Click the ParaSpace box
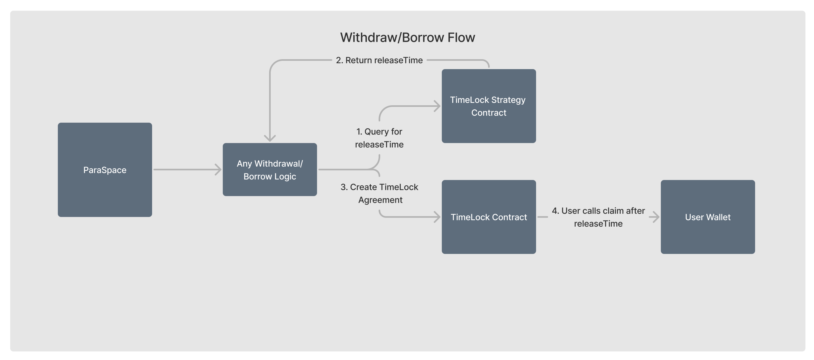105,170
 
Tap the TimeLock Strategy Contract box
489,106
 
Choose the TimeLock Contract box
489,217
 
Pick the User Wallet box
708,217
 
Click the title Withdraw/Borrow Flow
408,37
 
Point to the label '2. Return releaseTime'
379,60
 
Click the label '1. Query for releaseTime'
379,138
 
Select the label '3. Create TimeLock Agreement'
379,193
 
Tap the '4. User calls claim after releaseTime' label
598,217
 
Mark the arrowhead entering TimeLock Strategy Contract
437,106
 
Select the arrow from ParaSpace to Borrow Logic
187,170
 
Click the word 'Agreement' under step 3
380,200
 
